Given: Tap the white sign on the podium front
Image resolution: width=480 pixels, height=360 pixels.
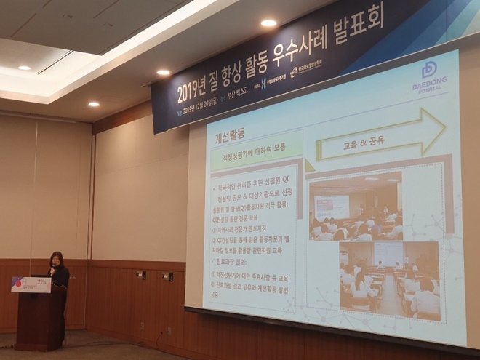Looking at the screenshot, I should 31,284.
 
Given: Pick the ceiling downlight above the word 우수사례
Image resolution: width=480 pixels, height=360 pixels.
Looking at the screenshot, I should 268,23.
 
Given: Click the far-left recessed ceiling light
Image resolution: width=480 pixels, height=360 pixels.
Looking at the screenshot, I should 24,68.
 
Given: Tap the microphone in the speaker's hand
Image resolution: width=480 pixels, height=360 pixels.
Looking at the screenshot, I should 52,269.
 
